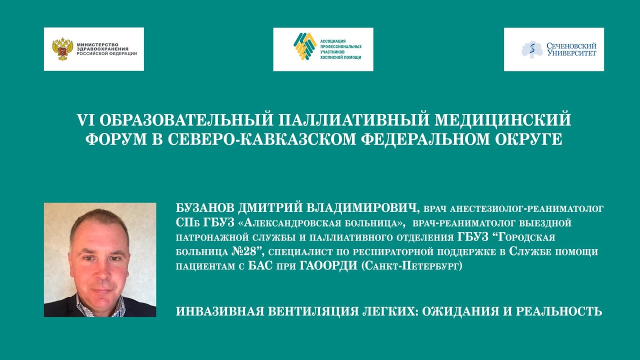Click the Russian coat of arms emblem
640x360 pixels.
[62, 49]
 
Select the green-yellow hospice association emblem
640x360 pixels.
[304, 46]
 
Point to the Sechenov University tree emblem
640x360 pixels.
[532, 49]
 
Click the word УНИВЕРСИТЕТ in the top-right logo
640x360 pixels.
[571, 52]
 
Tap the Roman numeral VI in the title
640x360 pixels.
[85, 120]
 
